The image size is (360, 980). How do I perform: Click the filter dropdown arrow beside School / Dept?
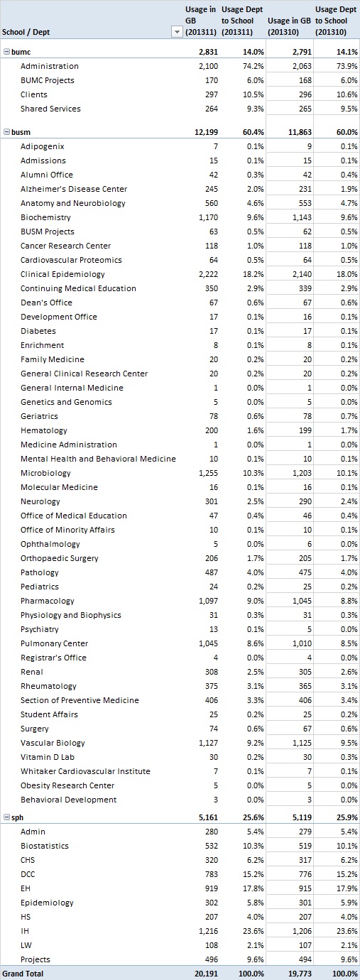tap(177, 32)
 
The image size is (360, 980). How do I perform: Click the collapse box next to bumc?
tap(6, 52)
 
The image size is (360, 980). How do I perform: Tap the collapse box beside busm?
tap(6, 131)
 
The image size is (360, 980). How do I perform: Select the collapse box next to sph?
tap(6, 817)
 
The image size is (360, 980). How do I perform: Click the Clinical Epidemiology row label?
tap(62, 274)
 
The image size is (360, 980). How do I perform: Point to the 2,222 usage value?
tap(208, 274)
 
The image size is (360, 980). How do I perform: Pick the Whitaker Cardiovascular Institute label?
tap(85, 771)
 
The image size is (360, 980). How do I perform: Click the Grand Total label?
tap(23, 974)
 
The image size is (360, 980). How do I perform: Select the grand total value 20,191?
tap(206, 974)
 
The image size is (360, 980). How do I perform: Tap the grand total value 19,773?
tap(300, 974)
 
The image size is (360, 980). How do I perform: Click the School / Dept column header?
tap(26, 32)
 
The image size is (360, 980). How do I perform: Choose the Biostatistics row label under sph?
tap(45, 846)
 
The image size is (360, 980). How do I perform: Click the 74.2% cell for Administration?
tap(253, 66)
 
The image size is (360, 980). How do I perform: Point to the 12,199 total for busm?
tap(206, 132)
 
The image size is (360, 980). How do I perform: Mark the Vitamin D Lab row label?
tap(48, 757)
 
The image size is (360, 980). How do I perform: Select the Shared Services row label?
tap(50, 109)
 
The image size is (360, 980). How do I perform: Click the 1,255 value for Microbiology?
tap(208, 473)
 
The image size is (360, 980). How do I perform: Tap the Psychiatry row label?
tap(39, 630)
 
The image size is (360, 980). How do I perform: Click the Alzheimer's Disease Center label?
tap(74, 189)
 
